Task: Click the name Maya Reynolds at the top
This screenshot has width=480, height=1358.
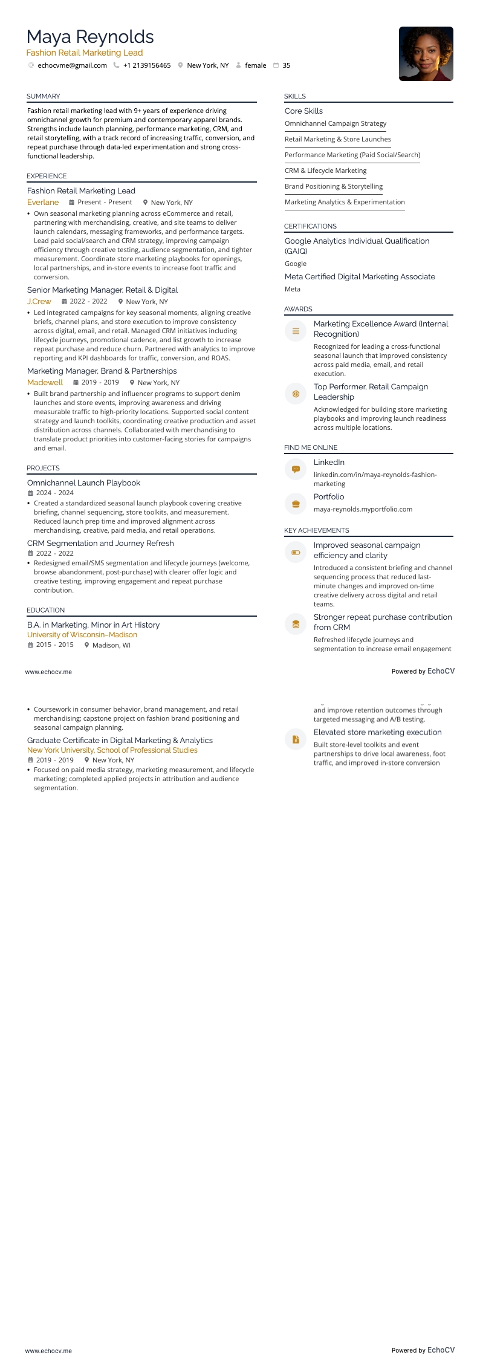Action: click(90, 37)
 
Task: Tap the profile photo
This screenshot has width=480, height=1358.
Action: click(426, 54)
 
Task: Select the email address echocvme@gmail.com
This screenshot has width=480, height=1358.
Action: click(72, 65)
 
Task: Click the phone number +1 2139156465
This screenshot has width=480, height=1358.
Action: click(147, 65)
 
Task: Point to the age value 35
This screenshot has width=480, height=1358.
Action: click(286, 65)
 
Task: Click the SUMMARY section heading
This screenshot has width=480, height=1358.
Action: click(44, 96)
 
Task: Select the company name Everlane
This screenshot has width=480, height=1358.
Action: click(43, 203)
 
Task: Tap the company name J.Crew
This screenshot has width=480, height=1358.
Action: click(39, 302)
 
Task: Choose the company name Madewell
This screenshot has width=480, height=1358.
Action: click(45, 383)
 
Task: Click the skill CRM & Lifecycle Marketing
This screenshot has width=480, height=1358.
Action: click(325, 171)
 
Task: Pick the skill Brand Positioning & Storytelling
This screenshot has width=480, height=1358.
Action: click(334, 186)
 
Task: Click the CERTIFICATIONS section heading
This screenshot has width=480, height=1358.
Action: click(310, 226)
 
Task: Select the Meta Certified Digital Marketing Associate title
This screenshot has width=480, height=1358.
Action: click(360, 277)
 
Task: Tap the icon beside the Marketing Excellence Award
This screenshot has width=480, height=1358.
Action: click(296, 331)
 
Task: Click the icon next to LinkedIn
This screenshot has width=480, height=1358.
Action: click(296, 469)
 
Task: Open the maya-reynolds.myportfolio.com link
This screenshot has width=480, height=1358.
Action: click(363, 509)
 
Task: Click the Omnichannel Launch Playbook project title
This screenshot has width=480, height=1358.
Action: click(83, 483)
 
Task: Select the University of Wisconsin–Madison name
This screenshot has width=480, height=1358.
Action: click(82, 635)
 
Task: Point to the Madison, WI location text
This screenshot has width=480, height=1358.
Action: click(111, 645)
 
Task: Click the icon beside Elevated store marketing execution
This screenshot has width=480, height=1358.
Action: click(296, 739)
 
